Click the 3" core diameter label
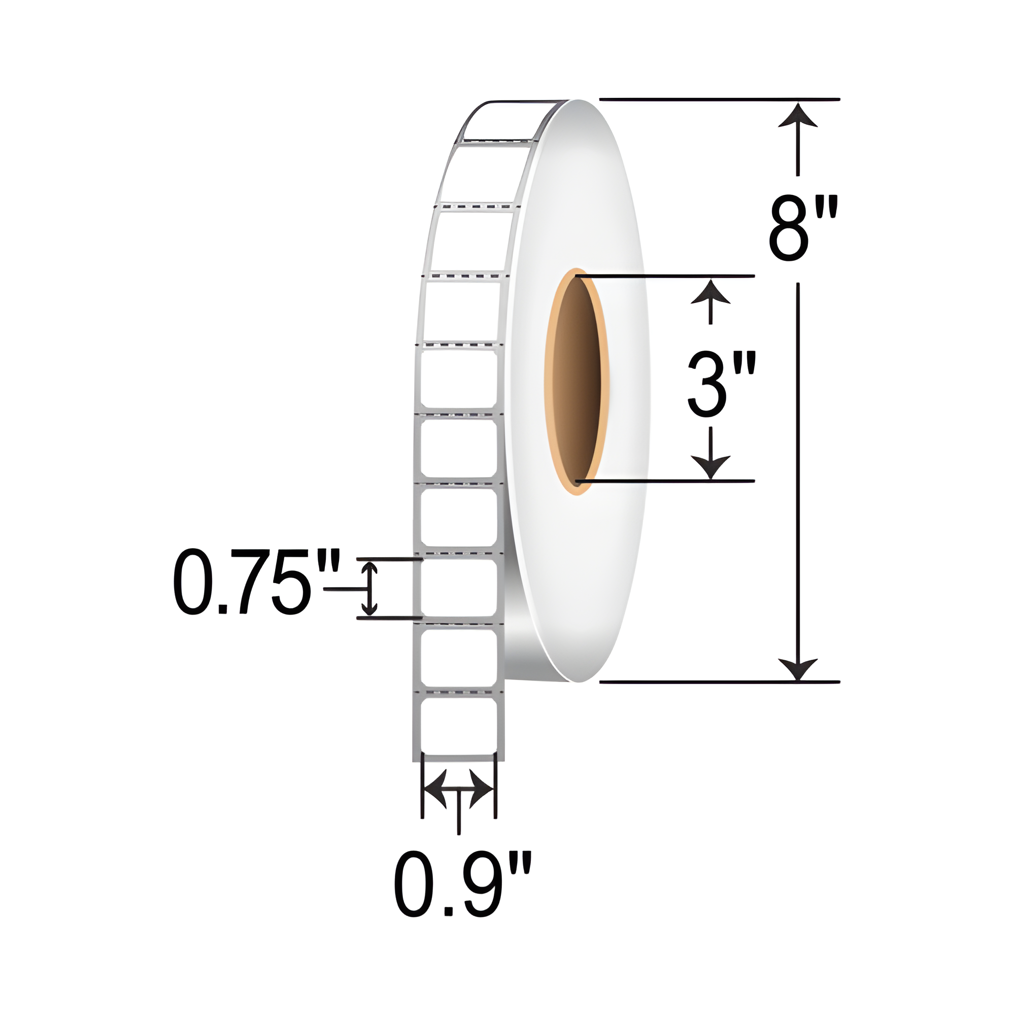point(721,385)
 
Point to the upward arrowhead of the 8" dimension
point(797,116)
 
